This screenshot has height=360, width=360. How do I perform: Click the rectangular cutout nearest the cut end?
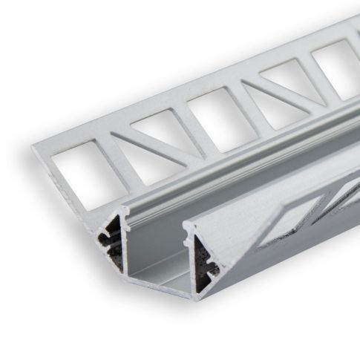click(x=74, y=171)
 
